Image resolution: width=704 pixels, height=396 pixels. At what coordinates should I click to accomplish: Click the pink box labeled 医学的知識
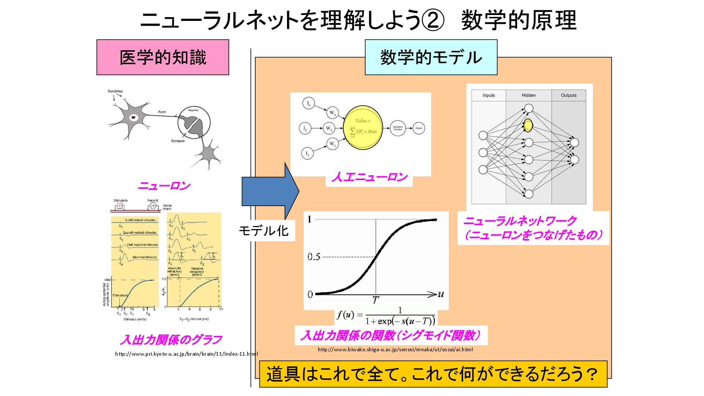162,58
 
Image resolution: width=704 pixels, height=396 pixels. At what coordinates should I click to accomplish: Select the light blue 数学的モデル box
431,58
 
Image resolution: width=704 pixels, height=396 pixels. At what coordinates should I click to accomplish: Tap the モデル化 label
264,231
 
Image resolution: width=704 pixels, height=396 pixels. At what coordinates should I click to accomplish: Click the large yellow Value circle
363,127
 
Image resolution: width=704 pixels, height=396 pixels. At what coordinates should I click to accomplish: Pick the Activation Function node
398,128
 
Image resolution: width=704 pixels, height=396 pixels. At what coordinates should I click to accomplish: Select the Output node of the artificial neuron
419,128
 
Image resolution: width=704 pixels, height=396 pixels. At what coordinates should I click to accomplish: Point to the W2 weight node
329,128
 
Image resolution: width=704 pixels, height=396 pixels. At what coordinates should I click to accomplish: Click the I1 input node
307,153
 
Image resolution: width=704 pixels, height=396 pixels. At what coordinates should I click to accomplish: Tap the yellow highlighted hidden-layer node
528,125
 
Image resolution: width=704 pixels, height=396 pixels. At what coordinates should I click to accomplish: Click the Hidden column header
528,95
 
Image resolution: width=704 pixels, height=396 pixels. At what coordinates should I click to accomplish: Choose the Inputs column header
488,95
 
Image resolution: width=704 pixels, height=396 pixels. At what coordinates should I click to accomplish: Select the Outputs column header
568,95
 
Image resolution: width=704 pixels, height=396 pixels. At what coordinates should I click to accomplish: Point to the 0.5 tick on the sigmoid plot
314,257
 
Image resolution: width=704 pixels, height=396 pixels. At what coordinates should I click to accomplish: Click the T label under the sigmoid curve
375,300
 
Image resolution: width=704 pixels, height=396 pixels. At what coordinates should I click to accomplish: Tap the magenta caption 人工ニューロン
369,177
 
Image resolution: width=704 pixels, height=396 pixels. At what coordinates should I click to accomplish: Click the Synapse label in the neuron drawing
178,141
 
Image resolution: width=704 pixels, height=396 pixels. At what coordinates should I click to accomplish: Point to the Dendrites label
115,91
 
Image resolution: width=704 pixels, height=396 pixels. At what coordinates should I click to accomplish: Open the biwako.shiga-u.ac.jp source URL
395,349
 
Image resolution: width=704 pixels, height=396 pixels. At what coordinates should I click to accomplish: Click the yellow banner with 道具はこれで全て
433,374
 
